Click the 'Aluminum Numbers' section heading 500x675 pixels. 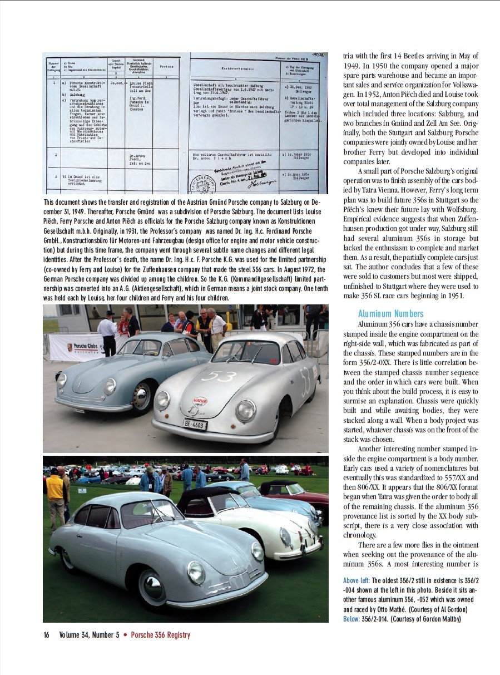pos(390,314)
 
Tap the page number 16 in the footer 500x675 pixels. pos(47,635)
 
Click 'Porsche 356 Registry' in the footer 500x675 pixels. pos(160,635)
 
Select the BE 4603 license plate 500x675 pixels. pos(195,425)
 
